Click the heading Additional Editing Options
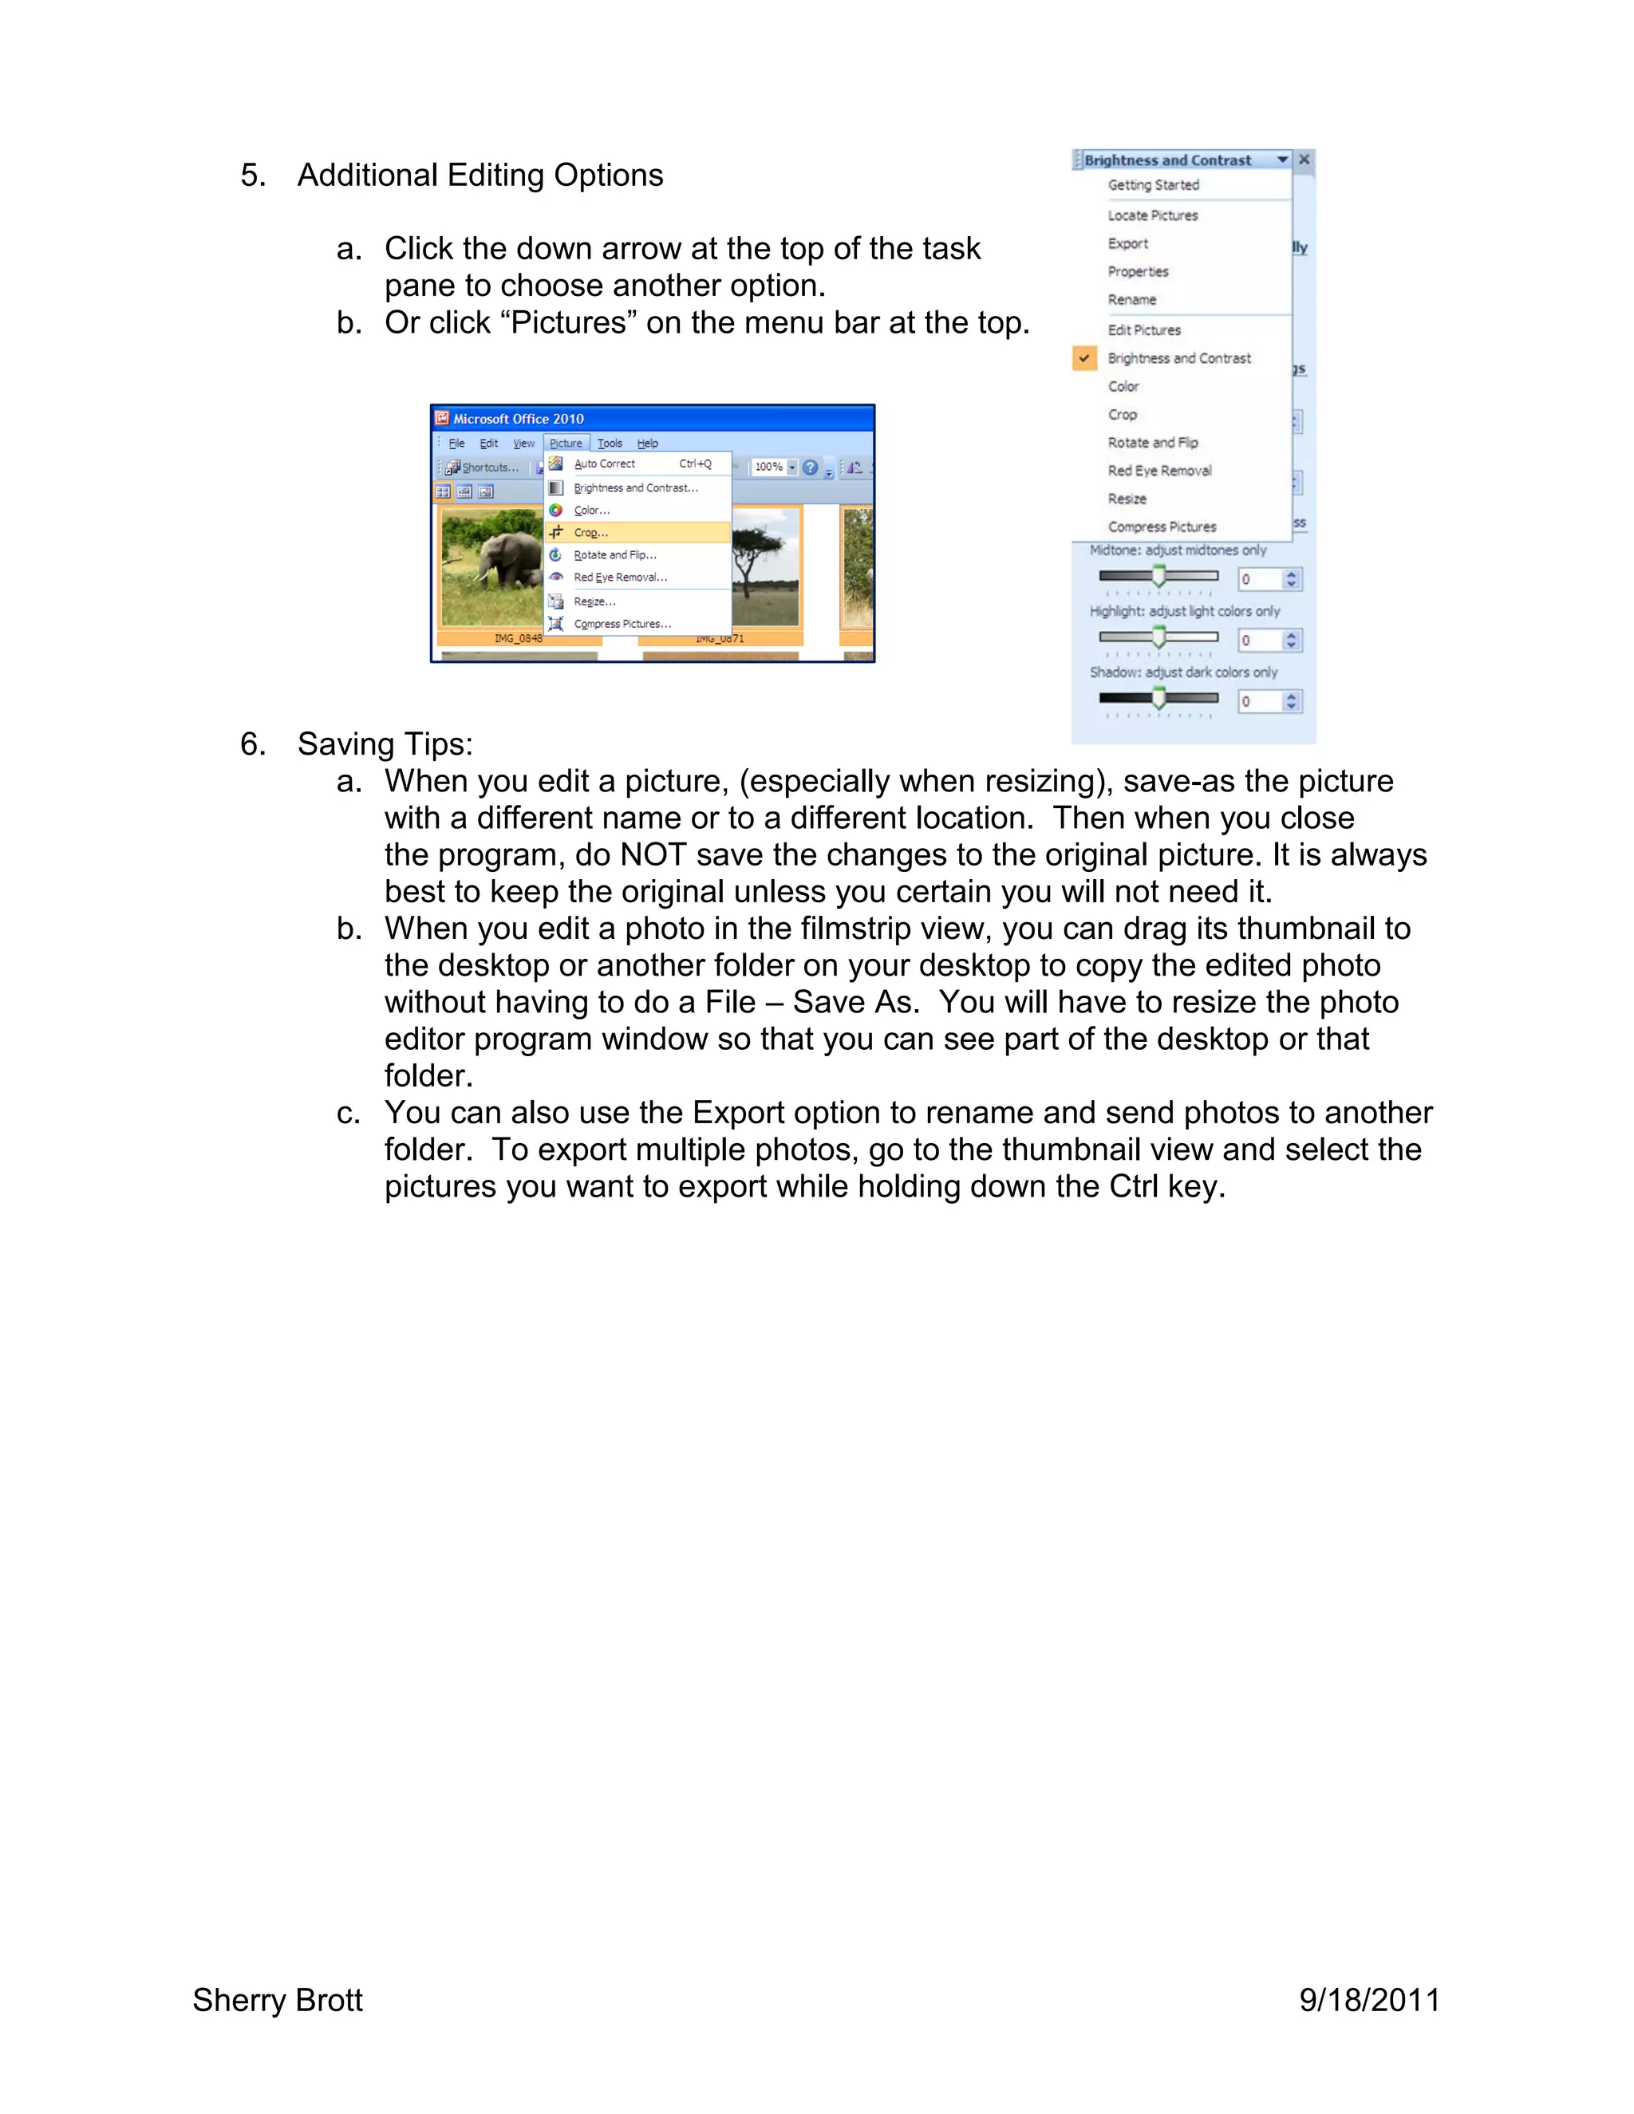(480, 176)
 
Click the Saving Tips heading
(385, 744)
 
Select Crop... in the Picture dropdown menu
(590, 532)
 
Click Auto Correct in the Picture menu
(604, 463)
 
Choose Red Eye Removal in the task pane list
(1158, 471)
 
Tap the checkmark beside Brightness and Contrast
(1084, 358)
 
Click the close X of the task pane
(1304, 160)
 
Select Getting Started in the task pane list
(1153, 185)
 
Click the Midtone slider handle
(1158, 577)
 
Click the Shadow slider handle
(1158, 699)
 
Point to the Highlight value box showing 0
(1258, 641)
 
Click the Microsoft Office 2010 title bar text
(518, 419)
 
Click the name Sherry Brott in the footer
(277, 2000)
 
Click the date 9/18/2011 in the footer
(1369, 2000)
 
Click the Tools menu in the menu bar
(609, 444)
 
